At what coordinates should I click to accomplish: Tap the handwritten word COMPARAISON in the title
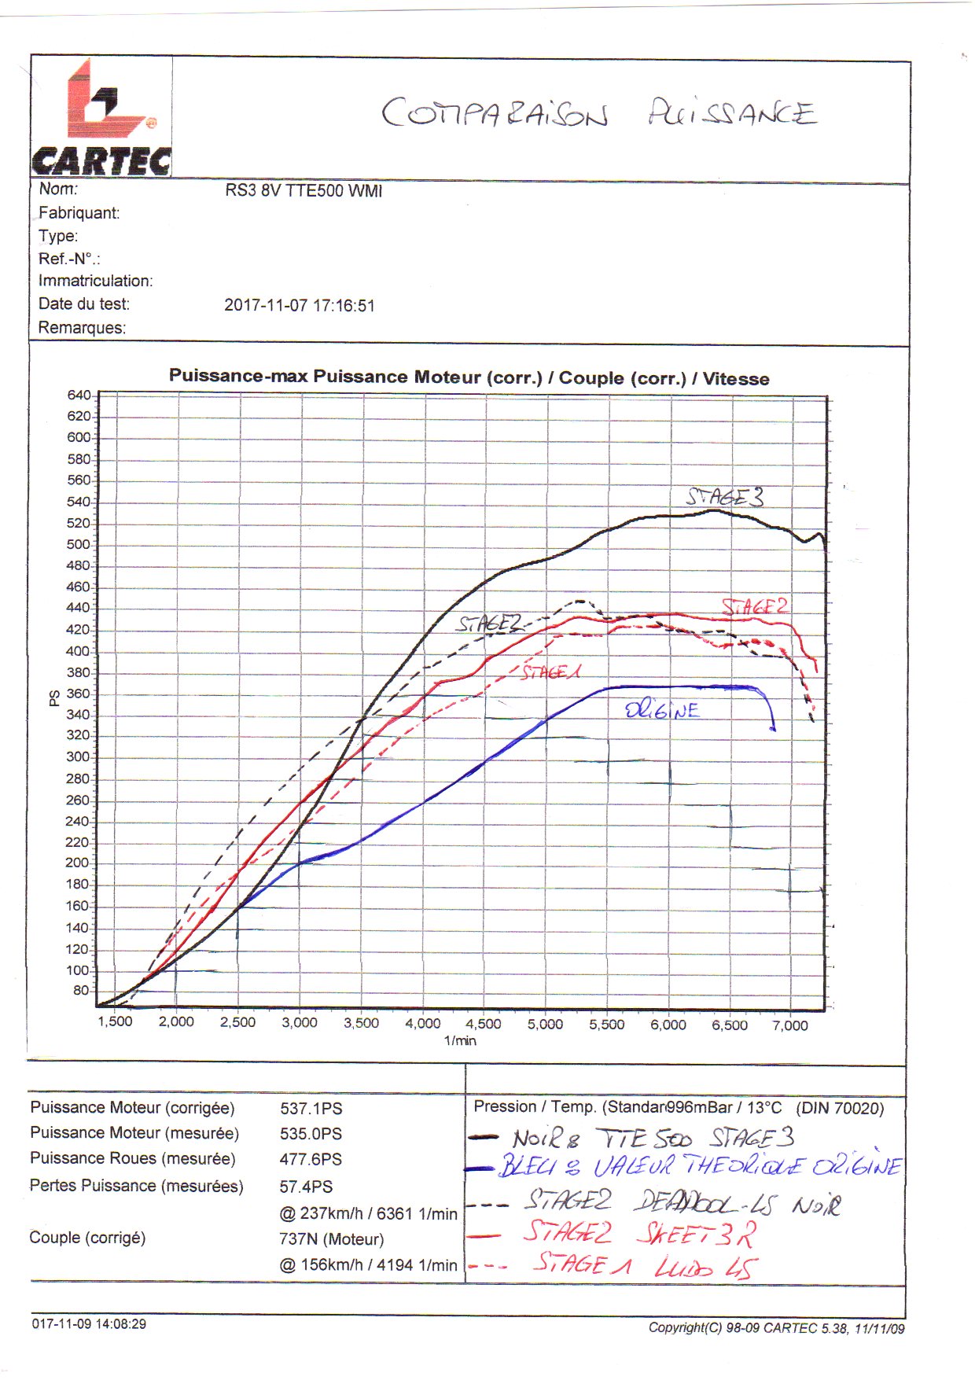coord(495,113)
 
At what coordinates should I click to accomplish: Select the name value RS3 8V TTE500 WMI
coord(304,191)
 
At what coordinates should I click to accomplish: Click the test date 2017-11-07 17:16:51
coord(300,306)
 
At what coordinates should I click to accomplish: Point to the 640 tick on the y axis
coord(79,395)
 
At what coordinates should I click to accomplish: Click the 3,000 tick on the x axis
coord(300,1022)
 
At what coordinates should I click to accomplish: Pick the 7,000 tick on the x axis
coord(789,1025)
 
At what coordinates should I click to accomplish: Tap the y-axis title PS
coord(54,698)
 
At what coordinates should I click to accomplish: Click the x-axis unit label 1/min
coord(460,1041)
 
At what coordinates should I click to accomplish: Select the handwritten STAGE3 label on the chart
coord(724,497)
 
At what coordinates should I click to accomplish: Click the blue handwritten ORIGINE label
coord(662,711)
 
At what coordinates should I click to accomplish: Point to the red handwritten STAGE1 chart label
coord(551,672)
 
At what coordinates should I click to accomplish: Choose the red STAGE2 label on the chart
coord(755,606)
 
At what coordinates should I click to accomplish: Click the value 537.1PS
coord(311,1109)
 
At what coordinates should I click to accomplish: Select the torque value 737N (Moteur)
coord(332,1239)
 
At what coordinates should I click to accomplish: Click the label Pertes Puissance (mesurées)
coord(137,1186)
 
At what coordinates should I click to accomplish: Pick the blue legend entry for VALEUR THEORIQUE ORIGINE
coord(700,1165)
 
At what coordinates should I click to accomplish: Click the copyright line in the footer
coord(776,1328)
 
